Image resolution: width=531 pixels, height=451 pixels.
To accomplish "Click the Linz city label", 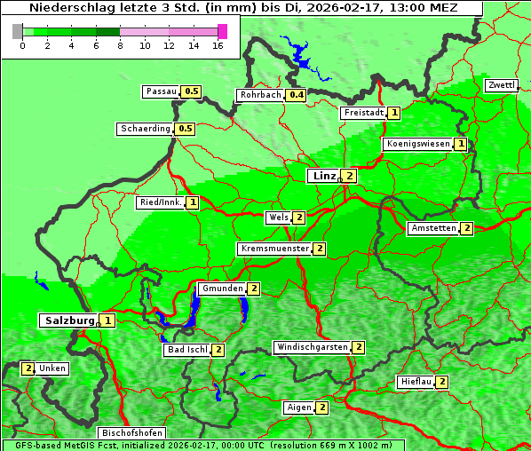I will (323, 176).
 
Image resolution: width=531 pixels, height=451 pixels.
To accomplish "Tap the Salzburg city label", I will (68, 320).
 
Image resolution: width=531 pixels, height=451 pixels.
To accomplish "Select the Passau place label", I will (162, 91).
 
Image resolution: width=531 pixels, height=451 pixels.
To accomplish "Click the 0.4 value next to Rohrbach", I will (297, 95).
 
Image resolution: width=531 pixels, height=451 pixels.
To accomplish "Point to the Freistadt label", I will (363, 113).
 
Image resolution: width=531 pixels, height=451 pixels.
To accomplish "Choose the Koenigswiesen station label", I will (417, 144).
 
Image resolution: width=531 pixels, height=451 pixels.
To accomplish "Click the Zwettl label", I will (502, 85).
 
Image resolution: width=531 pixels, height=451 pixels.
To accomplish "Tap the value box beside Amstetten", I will (467, 228).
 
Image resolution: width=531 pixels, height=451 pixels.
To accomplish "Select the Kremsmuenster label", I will (274, 249).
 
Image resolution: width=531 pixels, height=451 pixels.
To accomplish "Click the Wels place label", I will (278, 218).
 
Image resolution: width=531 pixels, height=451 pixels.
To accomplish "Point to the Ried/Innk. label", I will (161, 202).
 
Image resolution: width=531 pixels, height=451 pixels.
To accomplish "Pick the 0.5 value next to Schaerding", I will (185, 129).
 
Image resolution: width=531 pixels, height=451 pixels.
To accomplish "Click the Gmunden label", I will (221, 289).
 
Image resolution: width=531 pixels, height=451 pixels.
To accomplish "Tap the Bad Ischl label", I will (186, 350).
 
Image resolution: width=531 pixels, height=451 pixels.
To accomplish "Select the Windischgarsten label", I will (311, 347).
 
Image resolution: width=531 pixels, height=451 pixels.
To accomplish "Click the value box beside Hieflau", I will (441, 382).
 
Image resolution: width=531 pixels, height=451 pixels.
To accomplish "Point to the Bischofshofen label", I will (131, 433).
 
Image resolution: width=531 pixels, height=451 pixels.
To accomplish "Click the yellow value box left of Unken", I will (28, 368).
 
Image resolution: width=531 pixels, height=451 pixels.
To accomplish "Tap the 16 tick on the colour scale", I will (218, 45).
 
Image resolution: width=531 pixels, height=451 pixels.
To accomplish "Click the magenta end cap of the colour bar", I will (222, 31).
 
